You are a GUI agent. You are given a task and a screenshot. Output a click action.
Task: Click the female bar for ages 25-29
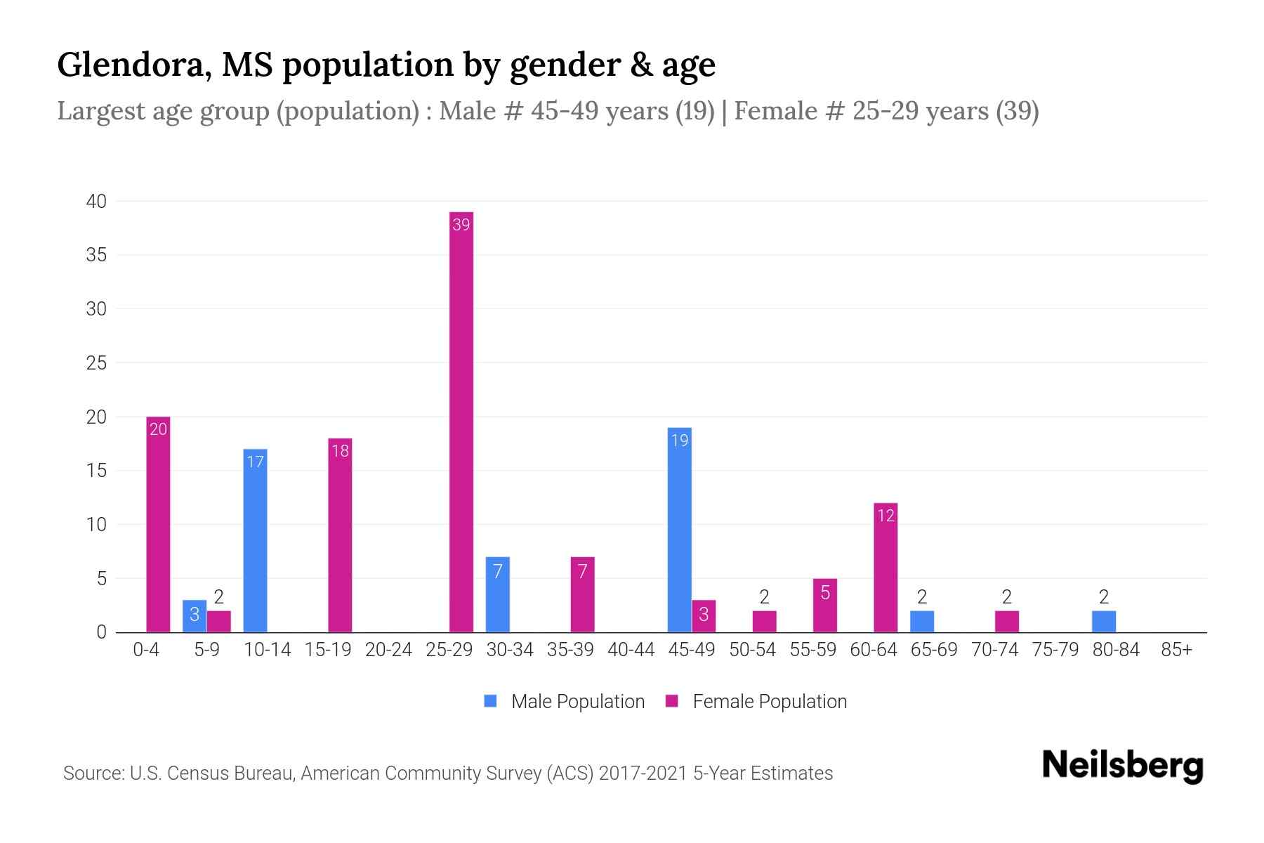461,421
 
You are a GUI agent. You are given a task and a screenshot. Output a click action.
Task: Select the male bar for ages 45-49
679,530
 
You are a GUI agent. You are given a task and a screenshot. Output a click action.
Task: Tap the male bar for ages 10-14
255,540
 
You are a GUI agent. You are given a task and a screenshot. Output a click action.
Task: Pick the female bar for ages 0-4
158,524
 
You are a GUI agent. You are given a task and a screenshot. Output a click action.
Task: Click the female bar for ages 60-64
886,568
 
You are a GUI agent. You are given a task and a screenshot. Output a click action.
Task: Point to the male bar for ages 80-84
1104,622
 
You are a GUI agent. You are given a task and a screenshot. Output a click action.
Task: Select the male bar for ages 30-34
497,594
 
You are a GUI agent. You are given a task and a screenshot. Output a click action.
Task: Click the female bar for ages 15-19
340,535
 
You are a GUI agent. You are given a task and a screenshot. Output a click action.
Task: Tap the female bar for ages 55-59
825,605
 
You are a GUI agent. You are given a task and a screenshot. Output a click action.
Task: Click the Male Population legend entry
565,702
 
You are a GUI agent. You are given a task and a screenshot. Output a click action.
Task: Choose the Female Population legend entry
757,702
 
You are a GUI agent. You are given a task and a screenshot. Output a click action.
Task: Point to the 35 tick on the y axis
96,255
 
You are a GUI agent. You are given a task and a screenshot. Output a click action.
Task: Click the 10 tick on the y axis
96,525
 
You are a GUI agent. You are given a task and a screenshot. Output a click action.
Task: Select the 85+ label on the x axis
1176,650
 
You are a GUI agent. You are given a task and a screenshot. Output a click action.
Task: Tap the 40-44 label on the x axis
631,650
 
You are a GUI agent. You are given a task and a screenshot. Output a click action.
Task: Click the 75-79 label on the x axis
1055,650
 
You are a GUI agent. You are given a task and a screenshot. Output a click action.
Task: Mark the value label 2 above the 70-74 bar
1006,597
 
